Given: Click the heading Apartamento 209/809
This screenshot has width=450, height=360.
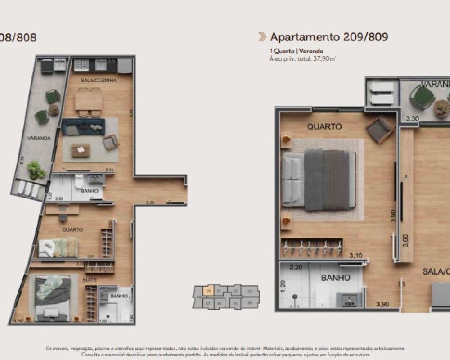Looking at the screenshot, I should click(x=329, y=37).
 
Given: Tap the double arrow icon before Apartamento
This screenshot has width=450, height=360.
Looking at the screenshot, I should click(x=262, y=37).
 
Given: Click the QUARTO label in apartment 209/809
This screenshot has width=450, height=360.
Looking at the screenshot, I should click(x=324, y=127).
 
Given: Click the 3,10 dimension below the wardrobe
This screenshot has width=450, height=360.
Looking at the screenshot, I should click(x=356, y=255).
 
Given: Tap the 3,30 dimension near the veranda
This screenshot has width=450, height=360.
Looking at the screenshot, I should click(x=412, y=120).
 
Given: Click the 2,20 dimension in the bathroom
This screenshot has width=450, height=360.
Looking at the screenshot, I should click(x=297, y=267).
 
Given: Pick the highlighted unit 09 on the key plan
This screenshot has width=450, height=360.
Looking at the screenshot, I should click(x=208, y=291).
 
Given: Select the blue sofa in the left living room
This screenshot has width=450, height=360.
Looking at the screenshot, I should click(x=83, y=126).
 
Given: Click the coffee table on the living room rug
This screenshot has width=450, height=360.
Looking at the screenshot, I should click(x=81, y=150).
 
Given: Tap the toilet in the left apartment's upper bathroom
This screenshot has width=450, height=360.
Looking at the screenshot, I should click(x=79, y=182).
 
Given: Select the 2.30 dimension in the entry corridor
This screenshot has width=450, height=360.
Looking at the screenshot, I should click(x=151, y=202).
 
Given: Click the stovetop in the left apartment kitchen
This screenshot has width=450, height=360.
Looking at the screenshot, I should click(x=81, y=65).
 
